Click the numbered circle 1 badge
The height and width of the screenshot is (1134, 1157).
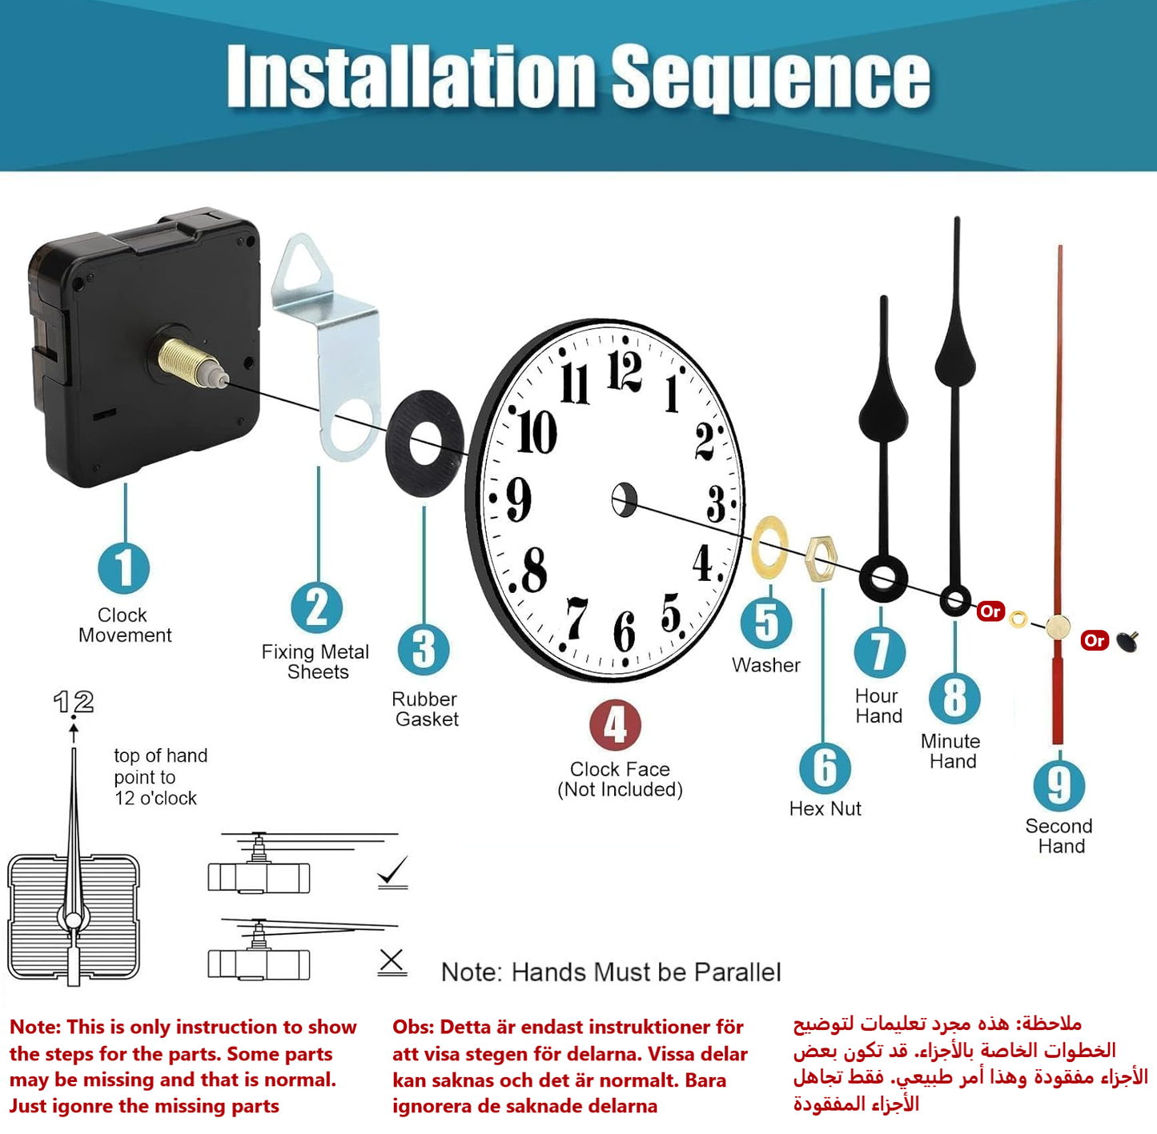(x=124, y=568)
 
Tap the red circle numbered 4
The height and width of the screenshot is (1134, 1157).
(x=615, y=725)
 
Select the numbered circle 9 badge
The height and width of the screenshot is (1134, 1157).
(x=1059, y=785)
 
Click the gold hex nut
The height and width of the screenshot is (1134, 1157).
(x=822, y=558)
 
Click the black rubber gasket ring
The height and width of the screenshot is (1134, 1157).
(x=424, y=443)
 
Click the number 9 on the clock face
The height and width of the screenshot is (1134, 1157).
(x=519, y=499)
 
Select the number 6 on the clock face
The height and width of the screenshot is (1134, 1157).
(x=625, y=631)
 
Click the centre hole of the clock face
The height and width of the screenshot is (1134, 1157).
(x=625, y=500)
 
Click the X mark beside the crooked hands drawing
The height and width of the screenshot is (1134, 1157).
(x=392, y=960)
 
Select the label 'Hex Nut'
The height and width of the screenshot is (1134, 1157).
(x=825, y=808)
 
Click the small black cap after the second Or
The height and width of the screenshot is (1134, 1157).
(x=1129, y=640)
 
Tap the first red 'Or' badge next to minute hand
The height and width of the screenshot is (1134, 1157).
(x=990, y=611)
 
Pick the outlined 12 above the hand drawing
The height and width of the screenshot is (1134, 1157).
(x=74, y=702)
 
